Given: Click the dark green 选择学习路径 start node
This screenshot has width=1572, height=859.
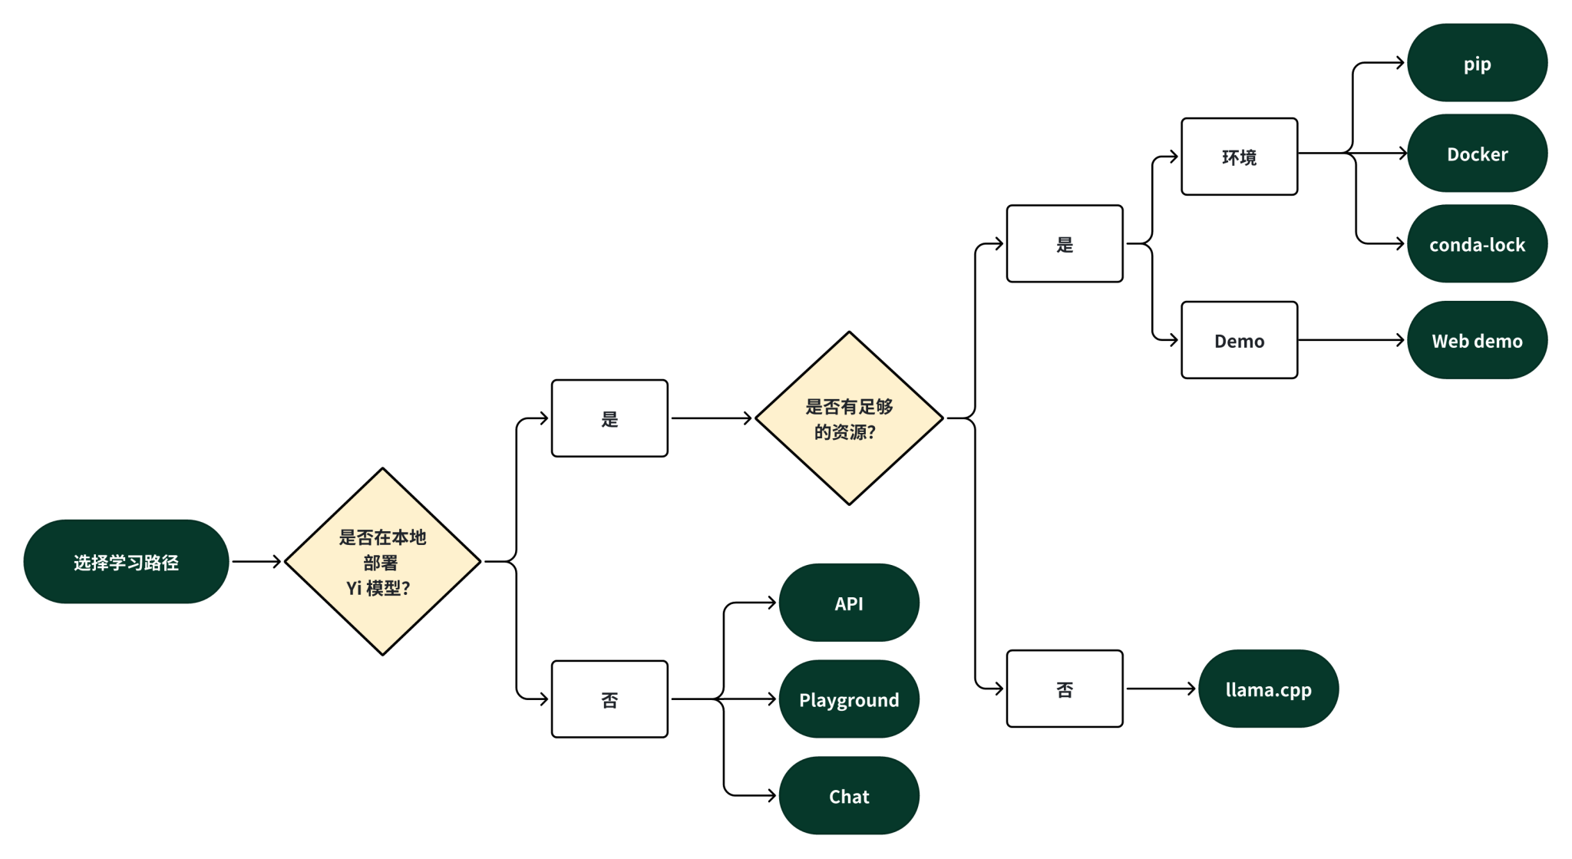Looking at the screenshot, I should pos(126,562).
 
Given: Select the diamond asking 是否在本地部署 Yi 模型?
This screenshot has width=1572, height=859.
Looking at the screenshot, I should pos(382,562).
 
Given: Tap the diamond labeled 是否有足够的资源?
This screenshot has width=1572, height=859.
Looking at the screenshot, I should pos(849,418).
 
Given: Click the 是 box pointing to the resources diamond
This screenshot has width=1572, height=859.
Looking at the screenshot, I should pos(609,418).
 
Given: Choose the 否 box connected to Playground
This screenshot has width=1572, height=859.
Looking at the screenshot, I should pos(609,699).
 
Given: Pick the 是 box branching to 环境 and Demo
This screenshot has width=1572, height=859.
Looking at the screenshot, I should pos(1065,244).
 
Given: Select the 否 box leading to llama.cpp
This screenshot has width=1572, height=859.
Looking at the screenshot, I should pos(1065,689).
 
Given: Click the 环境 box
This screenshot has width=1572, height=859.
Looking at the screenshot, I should pos(1239,157).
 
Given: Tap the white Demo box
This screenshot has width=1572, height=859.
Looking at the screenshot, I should pos(1239,340).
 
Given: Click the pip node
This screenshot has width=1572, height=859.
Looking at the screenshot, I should pos(1477,63).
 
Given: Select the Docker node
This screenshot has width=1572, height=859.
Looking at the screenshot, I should pos(1477,154).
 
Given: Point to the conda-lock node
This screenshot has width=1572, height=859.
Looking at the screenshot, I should pos(1477,244).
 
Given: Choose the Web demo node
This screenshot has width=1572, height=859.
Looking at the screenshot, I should pos(1477,340).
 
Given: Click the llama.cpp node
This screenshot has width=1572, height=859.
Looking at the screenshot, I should pos(1268,689).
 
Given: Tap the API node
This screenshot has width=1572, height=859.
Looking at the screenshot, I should pos(849,603).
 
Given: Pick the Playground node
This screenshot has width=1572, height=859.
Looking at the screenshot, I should pos(849,699).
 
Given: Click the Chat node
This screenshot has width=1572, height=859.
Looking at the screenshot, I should pos(849,796).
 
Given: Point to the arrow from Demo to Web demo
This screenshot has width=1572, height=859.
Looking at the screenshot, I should pos(1351,340).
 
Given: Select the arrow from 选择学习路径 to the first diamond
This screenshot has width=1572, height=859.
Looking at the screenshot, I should pos(256,562).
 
